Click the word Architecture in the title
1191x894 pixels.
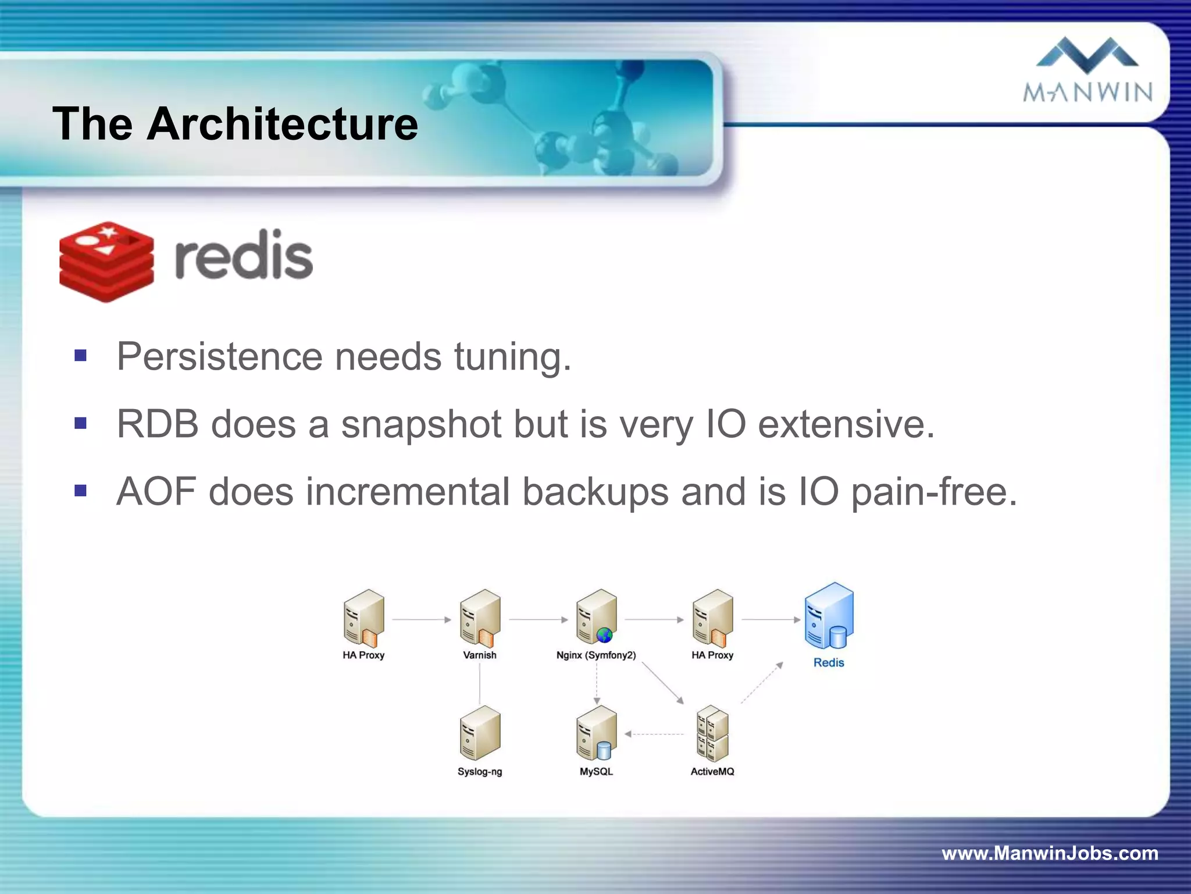click(282, 124)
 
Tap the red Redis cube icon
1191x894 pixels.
click(107, 261)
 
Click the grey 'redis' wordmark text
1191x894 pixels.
click(244, 257)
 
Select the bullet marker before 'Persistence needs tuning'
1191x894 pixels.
click(81, 355)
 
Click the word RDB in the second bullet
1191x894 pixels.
click(158, 424)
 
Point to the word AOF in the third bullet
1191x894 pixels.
click(156, 492)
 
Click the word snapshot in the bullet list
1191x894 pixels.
click(421, 424)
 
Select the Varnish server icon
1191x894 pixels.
click(480, 618)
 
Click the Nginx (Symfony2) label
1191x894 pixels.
click(596, 655)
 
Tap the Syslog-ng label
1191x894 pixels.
click(480, 772)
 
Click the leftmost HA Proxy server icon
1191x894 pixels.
click(363, 618)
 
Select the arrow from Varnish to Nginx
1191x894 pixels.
click(538, 620)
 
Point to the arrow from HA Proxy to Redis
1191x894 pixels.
click(771, 620)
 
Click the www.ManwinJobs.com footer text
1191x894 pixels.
click(1050, 853)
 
